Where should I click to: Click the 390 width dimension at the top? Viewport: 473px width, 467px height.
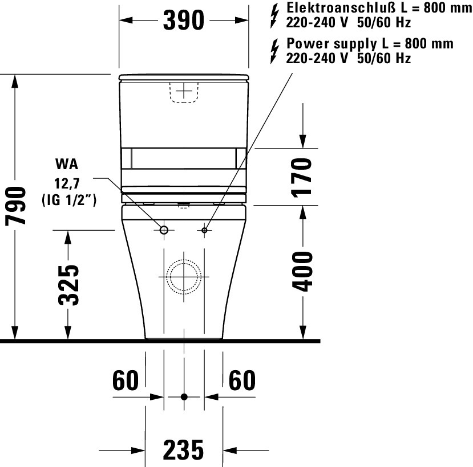click(183, 21)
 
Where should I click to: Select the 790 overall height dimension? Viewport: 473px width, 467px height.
click(17, 206)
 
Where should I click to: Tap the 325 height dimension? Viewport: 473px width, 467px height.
click(68, 284)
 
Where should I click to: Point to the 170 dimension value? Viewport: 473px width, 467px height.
click(302, 177)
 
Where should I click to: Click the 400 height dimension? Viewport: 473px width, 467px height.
click(302, 271)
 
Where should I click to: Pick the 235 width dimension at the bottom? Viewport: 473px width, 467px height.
click(183, 450)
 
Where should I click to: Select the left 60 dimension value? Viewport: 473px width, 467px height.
click(126, 380)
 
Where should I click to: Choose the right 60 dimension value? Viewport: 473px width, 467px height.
click(242, 380)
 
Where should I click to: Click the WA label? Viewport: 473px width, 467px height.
click(67, 165)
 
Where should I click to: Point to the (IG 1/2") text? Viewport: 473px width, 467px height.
click(68, 200)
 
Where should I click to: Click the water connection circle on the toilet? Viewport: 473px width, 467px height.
click(164, 230)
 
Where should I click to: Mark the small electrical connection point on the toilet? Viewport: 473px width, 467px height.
click(205, 230)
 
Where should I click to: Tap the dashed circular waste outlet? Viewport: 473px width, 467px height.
click(184, 277)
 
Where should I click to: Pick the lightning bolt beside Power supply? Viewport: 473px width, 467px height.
click(276, 51)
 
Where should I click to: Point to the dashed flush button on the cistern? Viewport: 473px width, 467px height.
click(184, 92)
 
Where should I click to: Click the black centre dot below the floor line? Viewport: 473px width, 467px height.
click(184, 396)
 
